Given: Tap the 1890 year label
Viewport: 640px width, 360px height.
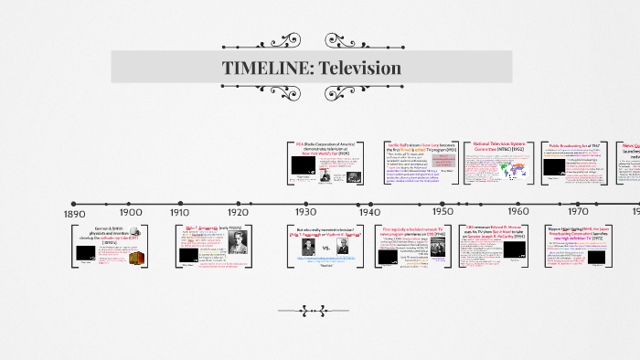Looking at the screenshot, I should (x=75, y=213).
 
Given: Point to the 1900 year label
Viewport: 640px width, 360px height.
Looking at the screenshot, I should (x=131, y=212).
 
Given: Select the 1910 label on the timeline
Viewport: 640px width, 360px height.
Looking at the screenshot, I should (x=180, y=212).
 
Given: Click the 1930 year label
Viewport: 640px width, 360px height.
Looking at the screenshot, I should (x=306, y=211).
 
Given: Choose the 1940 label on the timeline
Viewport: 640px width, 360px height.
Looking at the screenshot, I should (x=370, y=211).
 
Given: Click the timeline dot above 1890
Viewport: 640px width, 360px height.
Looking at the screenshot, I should (x=73, y=203).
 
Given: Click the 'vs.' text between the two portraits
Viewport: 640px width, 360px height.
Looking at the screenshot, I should (x=327, y=248).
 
